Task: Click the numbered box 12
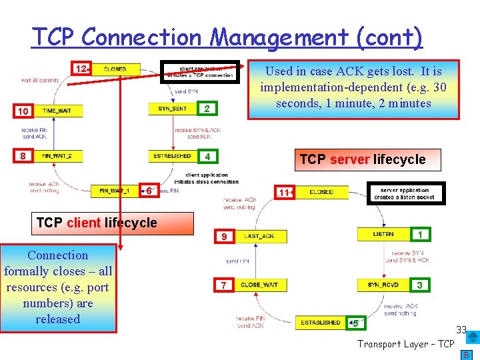(x=81, y=69)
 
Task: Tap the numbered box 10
(x=23, y=111)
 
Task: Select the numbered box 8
(x=23, y=157)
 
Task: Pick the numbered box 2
(x=207, y=109)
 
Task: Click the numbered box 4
(x=208, y=157)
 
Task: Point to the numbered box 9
(x=224, y=237)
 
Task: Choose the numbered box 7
(x=224, y=285)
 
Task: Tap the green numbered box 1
(x=419, y=235)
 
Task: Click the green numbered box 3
(x=419, y=285)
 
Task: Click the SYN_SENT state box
(x=172, y=109)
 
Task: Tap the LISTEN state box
(x=383, y=235)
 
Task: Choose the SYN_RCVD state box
(x=383, y=285)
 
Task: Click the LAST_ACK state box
(x=260, y=237)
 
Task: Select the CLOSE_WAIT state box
(x=260, y=285)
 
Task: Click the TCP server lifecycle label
(x=362, y=159)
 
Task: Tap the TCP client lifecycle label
(x=97, y=223)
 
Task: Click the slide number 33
(x=461, y=330)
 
